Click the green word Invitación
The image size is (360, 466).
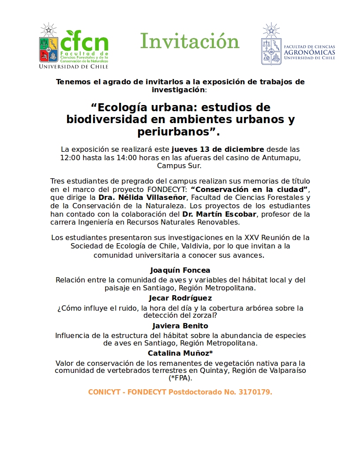(190, 41)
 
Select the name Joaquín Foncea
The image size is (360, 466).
(180, 270)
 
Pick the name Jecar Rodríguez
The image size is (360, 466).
(180, 298)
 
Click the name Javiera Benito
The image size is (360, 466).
(180, 326)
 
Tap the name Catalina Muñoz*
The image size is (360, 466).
(180, 353)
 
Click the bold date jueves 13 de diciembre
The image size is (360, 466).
(218, 149)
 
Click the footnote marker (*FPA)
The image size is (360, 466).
(180, 378)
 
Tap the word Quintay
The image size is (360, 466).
(214, 370)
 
